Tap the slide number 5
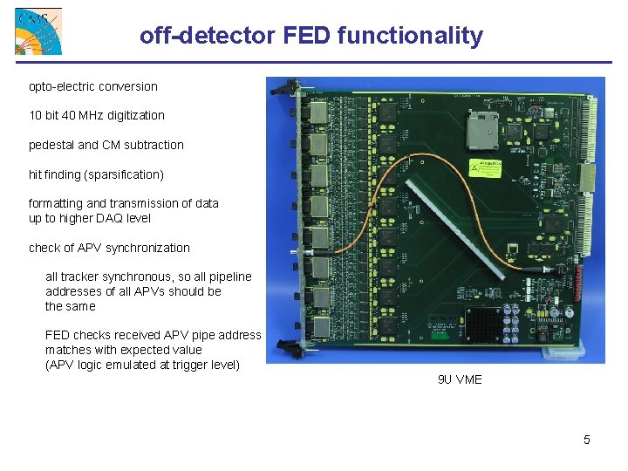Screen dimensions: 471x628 pyautogui.click(x=587, y=440)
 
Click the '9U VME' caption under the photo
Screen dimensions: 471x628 pyautogui.click(x=460, y=379)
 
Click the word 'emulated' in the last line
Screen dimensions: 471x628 pyautogui.click(x=131, y=365)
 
